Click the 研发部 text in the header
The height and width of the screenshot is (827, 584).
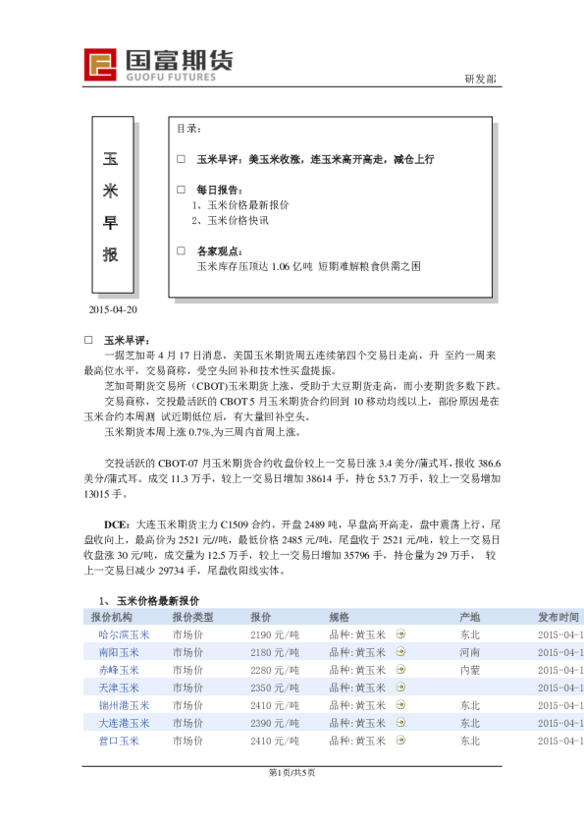pos(480,79)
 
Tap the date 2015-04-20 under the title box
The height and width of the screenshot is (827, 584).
pos(113,310)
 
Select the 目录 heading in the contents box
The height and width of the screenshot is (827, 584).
pos(189,129)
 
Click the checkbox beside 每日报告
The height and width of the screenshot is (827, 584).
pos(181,189)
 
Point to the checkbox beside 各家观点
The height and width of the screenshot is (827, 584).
pos(181,250)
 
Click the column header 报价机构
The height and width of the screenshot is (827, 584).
pos(111,617)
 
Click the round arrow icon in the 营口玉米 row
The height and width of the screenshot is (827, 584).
pos(400,741)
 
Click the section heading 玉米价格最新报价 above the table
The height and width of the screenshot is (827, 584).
pos(158,600)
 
